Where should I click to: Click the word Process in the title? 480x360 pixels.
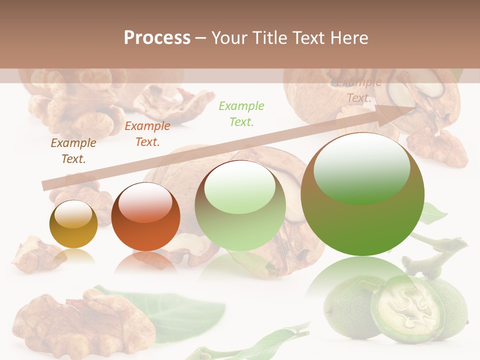157,38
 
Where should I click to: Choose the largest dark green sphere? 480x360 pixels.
362,195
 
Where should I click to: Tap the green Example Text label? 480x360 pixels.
241,113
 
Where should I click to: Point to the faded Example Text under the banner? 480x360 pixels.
359,90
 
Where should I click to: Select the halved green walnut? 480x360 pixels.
407,307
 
